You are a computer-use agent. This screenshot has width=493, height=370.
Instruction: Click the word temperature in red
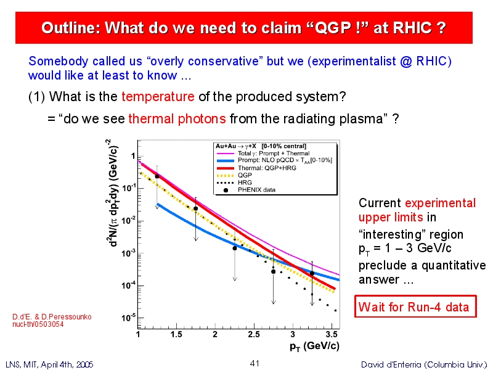[x=158, y=97]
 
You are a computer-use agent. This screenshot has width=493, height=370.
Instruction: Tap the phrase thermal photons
[x=177, y=119]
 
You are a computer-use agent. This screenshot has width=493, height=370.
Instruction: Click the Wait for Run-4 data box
[x=415, y=306]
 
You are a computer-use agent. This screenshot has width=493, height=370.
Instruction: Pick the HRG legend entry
[x=234, y=183]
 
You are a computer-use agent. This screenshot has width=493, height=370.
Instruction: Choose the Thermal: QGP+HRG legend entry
[x=256, y=168]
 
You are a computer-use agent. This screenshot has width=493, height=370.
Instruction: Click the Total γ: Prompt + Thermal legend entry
[x=263, y=154]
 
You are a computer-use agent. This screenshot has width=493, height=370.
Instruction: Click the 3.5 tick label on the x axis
[x=332, y=334]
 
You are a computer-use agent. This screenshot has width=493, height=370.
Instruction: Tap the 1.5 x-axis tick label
[x=176, y=334]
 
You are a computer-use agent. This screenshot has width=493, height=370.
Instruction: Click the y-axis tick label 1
[x=133, y=156]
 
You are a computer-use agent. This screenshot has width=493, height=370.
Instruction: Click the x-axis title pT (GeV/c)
[x=314, y=347]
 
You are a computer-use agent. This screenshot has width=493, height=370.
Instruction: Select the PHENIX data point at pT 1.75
[x=195, y=208]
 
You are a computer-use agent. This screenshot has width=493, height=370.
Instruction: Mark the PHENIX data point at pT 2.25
[x=235, y=249]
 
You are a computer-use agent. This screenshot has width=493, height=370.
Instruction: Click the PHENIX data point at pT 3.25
[x=312, y=274]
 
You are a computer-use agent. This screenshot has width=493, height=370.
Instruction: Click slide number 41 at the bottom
[x=255, y=363]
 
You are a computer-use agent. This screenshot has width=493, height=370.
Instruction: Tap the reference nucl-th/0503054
[x=38, y=324]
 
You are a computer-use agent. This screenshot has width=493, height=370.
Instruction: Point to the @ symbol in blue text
[x=406, y=61]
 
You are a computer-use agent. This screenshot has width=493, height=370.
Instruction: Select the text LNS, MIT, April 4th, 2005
[x=49, y=364]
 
